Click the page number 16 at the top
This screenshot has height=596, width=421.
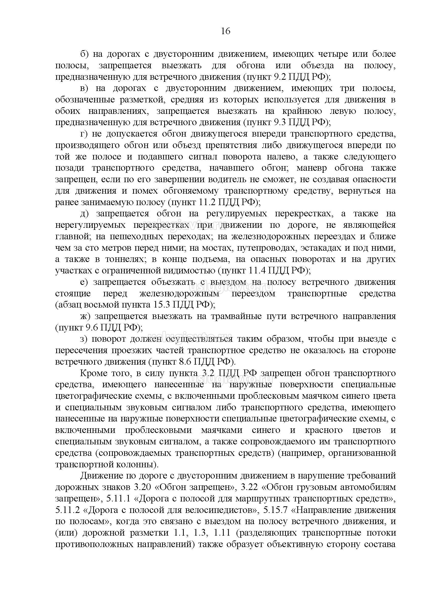tap(226, 31)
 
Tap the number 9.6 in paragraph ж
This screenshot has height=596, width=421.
tap(91, 327)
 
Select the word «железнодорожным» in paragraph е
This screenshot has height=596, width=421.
tap(179, 293)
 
